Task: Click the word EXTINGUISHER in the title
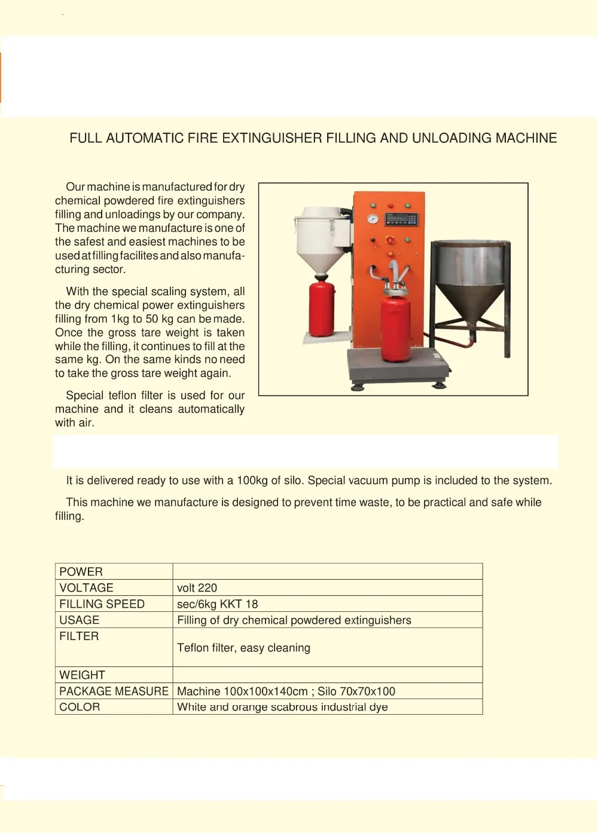pos(272,138)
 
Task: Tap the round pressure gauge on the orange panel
pos(373,219)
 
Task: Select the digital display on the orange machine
pos(401,218)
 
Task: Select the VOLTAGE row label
pos(87,588)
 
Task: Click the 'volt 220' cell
pos(197,588)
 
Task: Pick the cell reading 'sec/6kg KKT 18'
pos(218,604)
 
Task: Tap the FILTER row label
pos(79,636)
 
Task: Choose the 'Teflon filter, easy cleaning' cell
pos(244,648)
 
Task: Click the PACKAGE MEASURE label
pos(114,691)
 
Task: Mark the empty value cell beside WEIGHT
pos(327,675)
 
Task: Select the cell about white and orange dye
pos(282,707)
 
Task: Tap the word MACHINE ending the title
pos(526,138)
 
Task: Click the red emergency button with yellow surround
pos(390,240)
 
